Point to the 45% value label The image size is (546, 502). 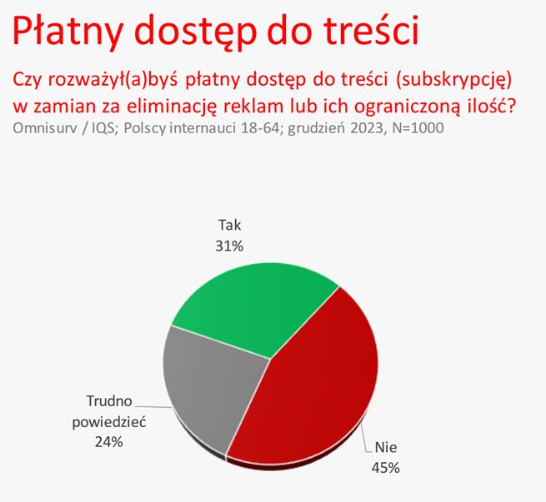(x=385, y=467)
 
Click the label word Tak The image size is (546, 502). (x=229, y=225)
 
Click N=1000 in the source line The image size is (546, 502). (x=413, y=129)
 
